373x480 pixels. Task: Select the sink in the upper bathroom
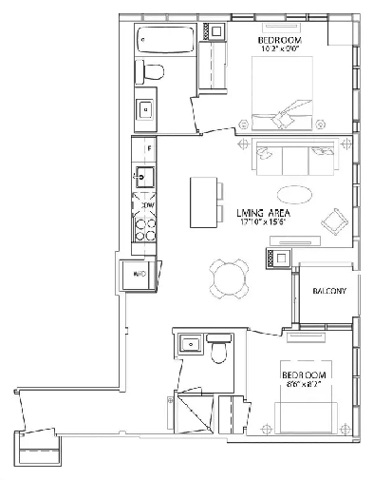coord(145,110)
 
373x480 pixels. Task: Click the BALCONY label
coord(327,292)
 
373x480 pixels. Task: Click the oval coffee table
coord(297,194)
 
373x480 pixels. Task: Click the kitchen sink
coord(144,176)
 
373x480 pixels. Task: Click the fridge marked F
coord(144,149)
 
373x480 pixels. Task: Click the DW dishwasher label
coord(148,203)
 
